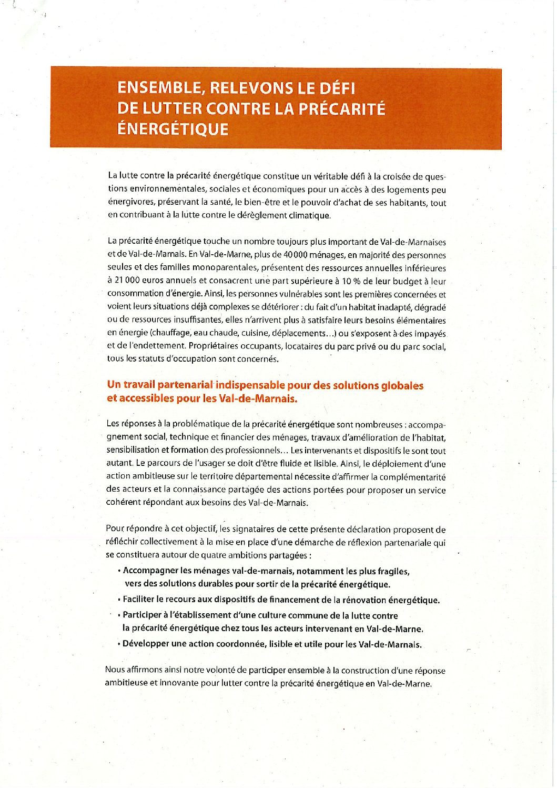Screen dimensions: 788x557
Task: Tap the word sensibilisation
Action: (133, 450)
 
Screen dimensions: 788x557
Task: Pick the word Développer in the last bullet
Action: (146, 644)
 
